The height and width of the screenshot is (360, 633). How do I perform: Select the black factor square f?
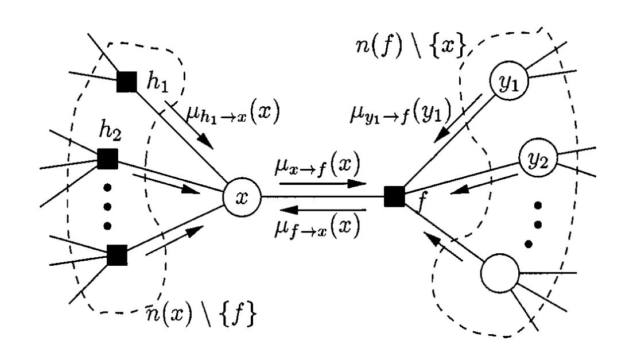[394, 196]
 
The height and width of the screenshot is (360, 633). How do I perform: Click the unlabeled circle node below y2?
[499, 274]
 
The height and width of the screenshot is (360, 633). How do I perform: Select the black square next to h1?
[127, 82]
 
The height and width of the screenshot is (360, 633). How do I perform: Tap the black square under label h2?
[107, 159]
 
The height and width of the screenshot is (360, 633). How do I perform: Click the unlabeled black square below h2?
[117, 254]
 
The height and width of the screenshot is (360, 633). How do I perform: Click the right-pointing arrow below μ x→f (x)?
[323, 184]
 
